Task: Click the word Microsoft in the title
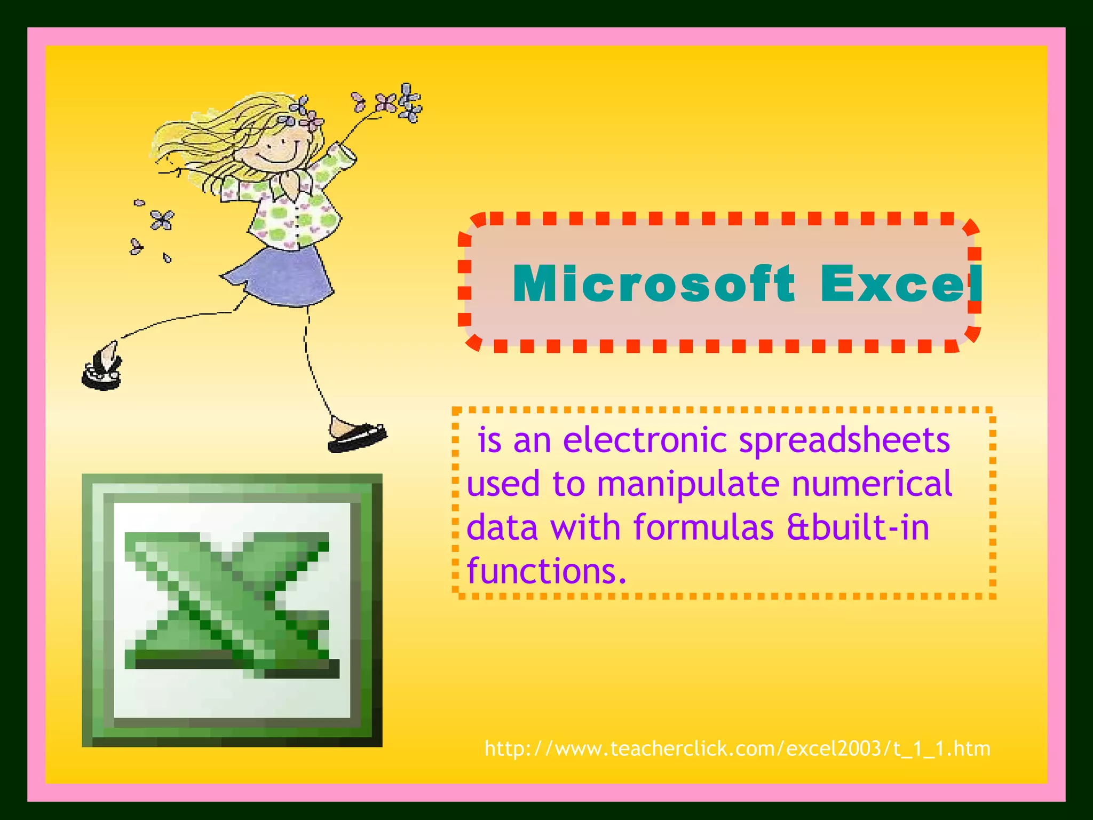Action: pos(653,284)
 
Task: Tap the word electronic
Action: pos(645,440)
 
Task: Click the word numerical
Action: pos(872,484)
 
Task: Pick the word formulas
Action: pos(703,527)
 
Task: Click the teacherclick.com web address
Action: pos(737,748)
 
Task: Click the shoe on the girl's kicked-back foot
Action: pos(102,368)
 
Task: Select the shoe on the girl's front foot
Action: pos(357,437)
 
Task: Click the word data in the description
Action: pos(502,527)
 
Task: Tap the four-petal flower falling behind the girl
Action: pos(161,219)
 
